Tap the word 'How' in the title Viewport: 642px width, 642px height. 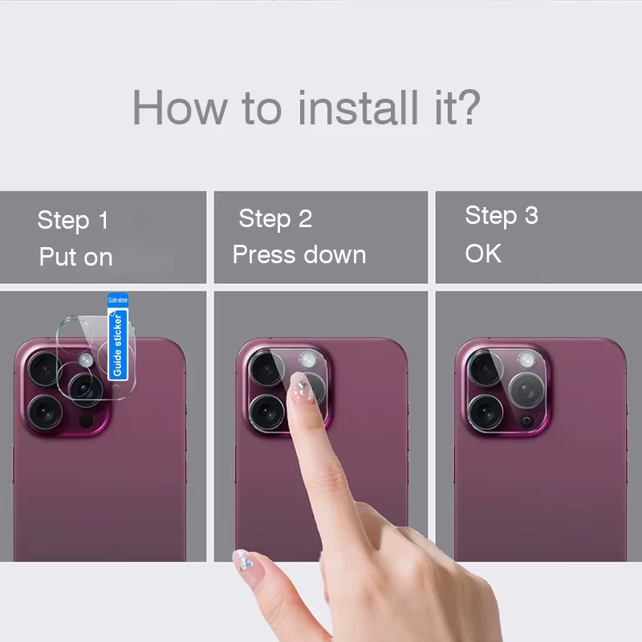point(180,108)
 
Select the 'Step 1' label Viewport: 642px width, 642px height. point(73,220)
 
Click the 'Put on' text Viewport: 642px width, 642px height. point(75,257)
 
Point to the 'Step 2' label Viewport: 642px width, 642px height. point(275,218)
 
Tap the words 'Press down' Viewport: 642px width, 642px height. point(299,254)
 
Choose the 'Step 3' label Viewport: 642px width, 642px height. point(502,215)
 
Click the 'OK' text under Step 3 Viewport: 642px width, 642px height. point(483,254)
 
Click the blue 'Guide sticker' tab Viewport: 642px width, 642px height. point(118,337)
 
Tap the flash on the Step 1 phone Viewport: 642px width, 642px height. point(86,360)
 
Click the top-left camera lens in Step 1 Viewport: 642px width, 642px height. point(45,369)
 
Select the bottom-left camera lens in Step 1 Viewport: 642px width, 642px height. point(45,412)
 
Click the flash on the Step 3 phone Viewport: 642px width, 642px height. point(526,360)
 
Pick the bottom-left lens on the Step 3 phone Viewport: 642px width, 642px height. point(486,412)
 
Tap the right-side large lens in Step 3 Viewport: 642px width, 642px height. point(526,390)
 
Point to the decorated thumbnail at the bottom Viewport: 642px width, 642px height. point(246,563)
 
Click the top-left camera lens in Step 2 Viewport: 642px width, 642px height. point(266,369)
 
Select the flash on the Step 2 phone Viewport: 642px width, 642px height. point(308,360)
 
